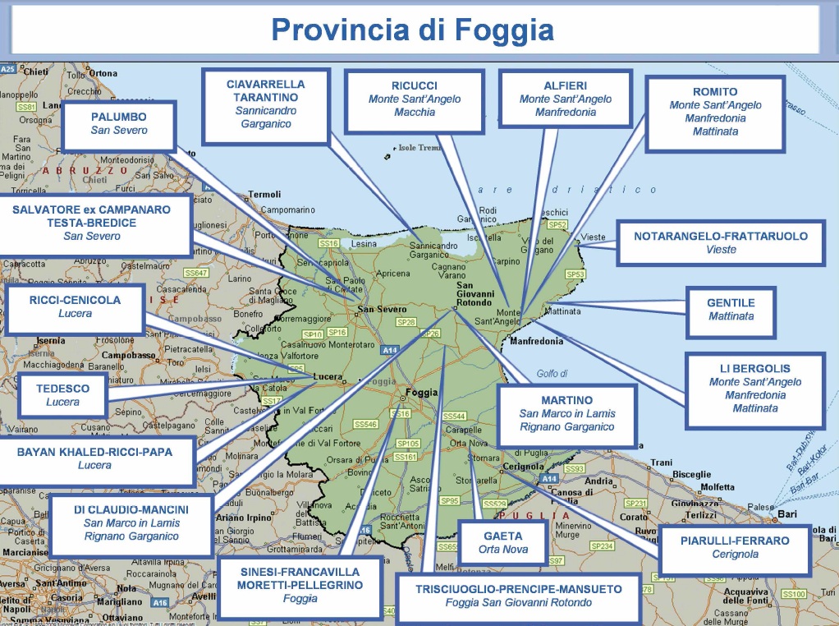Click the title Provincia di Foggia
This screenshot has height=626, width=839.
tap(412, 30)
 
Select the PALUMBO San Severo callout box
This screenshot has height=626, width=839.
tap(119, 125)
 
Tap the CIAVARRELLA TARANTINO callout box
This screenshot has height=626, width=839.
tap(265, 104)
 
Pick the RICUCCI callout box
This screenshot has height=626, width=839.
tap(414, 99)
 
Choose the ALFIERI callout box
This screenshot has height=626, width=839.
tap(565, 99)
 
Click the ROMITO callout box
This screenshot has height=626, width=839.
tap(715, 112)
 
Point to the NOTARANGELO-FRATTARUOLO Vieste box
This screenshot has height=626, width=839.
tap(720, 242)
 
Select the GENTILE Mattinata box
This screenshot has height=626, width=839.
tap(731, 310)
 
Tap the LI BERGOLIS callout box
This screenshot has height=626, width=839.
tap(754, 389)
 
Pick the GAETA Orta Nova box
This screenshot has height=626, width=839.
tap(502, 543)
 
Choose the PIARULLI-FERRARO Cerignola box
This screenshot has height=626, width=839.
tap(734, 548)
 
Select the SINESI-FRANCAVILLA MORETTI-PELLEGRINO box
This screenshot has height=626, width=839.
tap(300, 586)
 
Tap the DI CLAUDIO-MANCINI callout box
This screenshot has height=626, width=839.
tap(131, 523)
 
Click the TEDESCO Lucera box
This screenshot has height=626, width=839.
tap(63, 395)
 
